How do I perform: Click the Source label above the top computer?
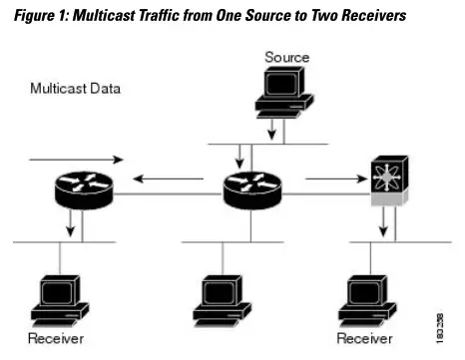(286, 57)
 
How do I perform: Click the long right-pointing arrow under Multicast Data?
(77, 159)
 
